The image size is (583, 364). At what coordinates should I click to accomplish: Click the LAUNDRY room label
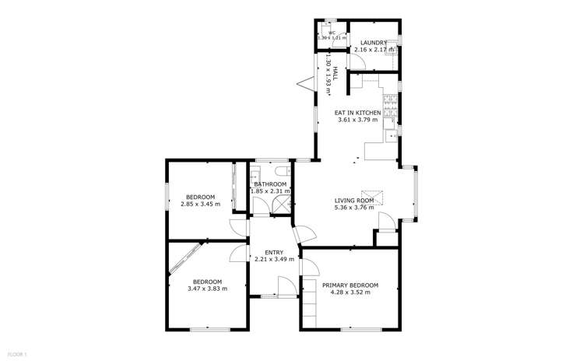point(374,43)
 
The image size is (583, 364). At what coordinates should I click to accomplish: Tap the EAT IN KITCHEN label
point(358,113)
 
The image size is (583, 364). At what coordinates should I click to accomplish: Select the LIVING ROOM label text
point(354,201)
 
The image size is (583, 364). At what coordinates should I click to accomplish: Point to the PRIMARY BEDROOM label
point(350,285)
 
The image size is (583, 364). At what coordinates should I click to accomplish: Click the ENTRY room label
point(274,252)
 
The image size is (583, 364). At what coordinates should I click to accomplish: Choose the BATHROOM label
point(269,184)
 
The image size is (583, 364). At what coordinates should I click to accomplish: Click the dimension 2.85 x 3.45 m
point(201,205)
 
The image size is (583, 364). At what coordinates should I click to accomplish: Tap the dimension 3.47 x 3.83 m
point(207,289)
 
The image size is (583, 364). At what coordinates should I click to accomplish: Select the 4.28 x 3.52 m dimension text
point(350,293)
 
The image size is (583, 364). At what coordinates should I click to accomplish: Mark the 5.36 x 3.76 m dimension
point(354,208)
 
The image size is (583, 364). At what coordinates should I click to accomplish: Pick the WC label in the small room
point(331,33)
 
